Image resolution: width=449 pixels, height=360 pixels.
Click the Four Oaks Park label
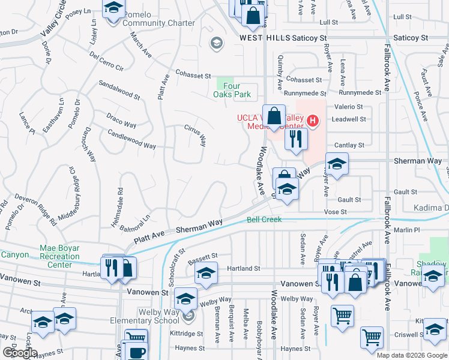tap(232, 90)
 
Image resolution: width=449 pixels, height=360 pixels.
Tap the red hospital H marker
tap(312, 121)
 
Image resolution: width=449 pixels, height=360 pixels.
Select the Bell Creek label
tap(264, 220)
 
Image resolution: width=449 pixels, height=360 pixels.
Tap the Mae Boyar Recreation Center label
tap(59, 256)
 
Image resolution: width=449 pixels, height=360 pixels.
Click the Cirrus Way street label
tap(195, 136)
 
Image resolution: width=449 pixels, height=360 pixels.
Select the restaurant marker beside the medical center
tap(294, 139)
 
